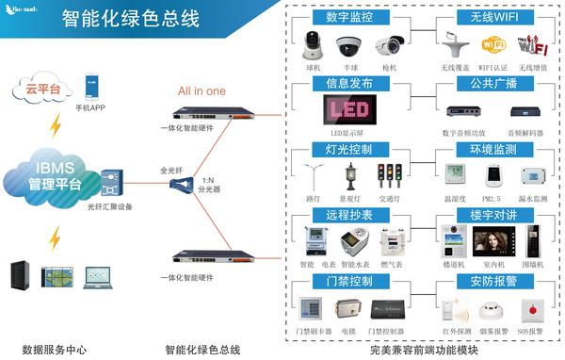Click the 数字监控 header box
[349, 18]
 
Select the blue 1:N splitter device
[181, 185]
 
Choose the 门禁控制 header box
[349, 282]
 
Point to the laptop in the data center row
[97, 277]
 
